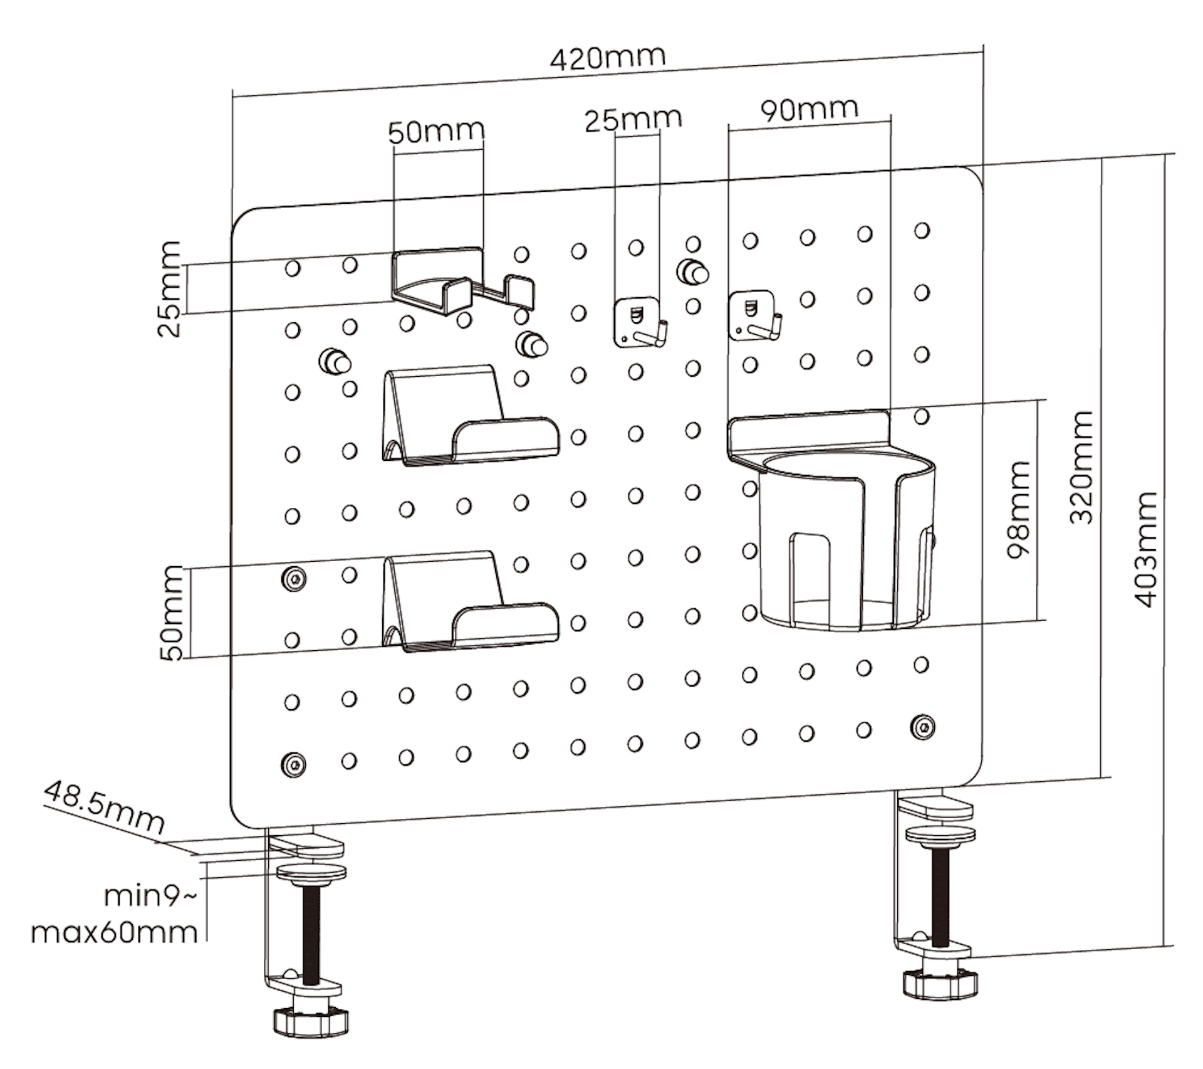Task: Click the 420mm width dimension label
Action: (607, 58)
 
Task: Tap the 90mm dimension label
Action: (809, 110)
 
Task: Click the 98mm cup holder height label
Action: (1018, 509)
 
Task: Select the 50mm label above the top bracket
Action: (436, 132)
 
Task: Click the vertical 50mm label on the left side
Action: (171, 613)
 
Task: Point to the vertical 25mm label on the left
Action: (169, 289)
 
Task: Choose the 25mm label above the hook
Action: (633, 119)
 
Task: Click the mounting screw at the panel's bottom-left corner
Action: (293, 764)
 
